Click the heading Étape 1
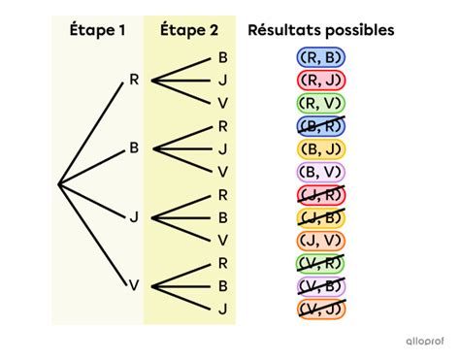click(x=97, y=30)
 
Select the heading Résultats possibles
click(x=321, y=30)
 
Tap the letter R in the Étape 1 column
click(x=134, y=80)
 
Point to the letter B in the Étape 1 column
click(x=134, y=148)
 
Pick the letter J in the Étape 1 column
click(x=134, y=216)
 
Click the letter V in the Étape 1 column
click(x=134, y=285)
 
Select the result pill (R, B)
click(x=322, y=57)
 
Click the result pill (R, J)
click(x=322, y=80)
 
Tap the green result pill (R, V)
click(x=322, y=103)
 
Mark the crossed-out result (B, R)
click(x=322, y=125)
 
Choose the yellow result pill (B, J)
click(x=322, y=148)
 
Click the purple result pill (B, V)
click(x=322, y=171)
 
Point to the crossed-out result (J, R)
click(x=322, y=194)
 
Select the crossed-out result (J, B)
click(x=322, y=216)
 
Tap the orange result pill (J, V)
click(x=322, y=240)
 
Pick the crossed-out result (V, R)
click(x=322, y=262)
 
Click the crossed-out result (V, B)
click(x=322, y=285)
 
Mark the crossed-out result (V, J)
click(x=322, y=309)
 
